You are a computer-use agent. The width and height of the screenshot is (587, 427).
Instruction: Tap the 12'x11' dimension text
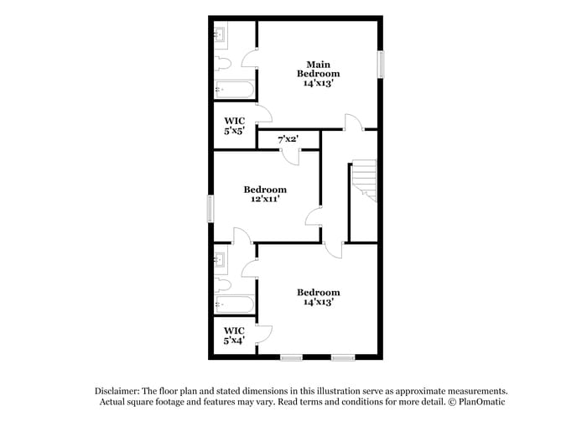(x=265, y=200)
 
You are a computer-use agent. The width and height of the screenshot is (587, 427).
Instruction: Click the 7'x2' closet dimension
(x=288, y=138)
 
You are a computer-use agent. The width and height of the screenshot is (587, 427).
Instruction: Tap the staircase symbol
(x=364, y=180)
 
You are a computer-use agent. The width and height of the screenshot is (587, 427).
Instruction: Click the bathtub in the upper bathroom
(x=233, y=88)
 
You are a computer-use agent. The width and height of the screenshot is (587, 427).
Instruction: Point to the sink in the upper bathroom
(x=221, y=35)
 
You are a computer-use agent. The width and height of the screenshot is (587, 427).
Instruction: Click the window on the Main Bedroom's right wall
(x=380, y=65)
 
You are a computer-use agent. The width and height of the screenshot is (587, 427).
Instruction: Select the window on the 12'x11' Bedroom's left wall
(x=210, y=209)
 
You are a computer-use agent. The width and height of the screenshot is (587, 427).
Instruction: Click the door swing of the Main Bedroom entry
(x=353, y=123)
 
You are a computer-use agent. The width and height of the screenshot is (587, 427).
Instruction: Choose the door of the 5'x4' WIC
(x=262, y=332)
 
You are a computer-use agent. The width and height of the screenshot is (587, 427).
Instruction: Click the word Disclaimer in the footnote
(x=116, y=391)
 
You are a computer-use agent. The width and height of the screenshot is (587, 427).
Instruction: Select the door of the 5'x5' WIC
(x=263, y=115)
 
